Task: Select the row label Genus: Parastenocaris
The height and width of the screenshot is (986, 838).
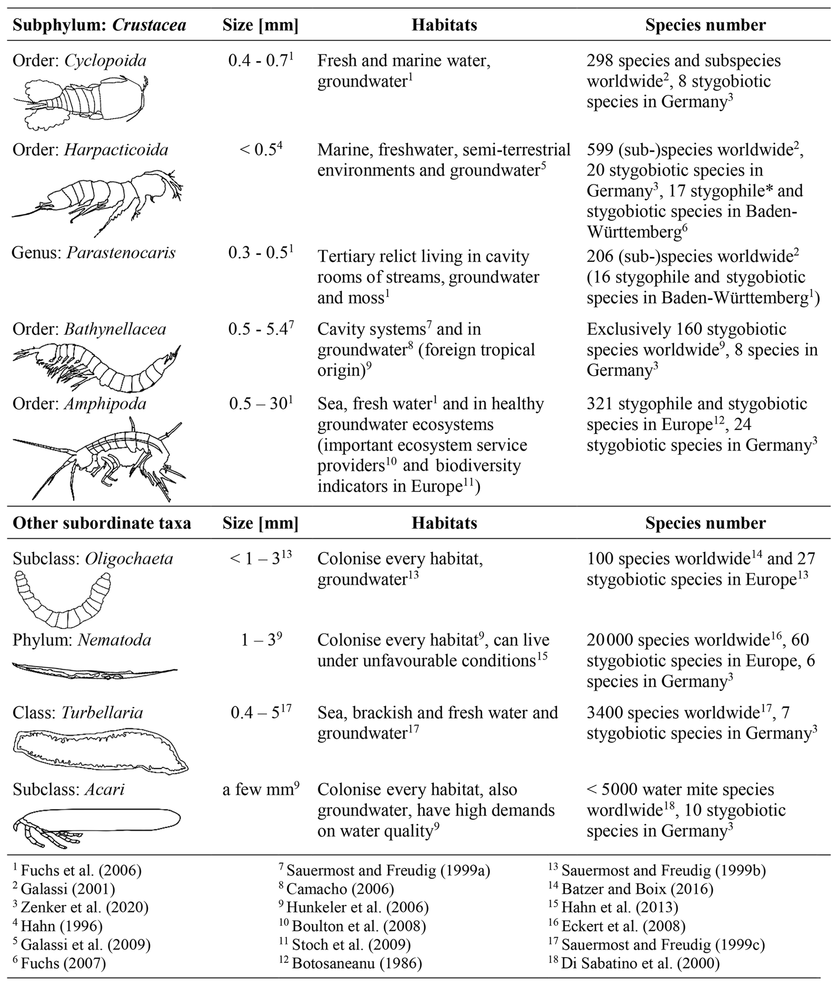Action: (x=94, y=252)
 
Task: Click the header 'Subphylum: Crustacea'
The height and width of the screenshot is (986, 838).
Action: (x=99, y=25)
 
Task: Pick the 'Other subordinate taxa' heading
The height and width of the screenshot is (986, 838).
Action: (x=102, y=523)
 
